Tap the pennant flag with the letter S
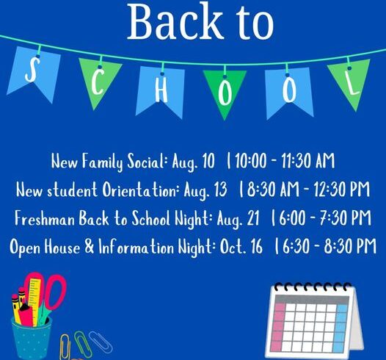coord(34,73)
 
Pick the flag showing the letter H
coord(161,90)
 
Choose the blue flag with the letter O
coord(288,92)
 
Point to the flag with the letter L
coord(349,82)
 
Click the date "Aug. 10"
coord(193,162)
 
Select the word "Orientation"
coord(140,190)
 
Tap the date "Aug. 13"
coord(205,190)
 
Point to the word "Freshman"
coord(45,218)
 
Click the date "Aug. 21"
coord(238,219)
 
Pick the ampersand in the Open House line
coord(90,247)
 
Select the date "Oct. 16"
coord(241,247)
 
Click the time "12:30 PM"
coord(342,190)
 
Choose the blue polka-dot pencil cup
coord(32,337)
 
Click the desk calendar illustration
coord(314,320)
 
